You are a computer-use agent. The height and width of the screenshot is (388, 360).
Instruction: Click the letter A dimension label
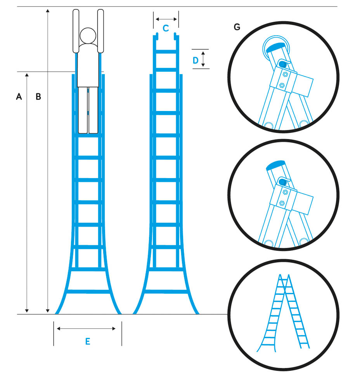[x=19, y=97]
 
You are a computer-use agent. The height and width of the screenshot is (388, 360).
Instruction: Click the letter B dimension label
[x=38, y=97]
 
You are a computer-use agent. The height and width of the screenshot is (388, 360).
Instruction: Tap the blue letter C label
[x=166, y=28]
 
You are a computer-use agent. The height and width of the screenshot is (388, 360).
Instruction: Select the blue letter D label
[x=196, y=61]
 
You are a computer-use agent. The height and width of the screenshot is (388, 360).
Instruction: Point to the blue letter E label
[x=88, y=341]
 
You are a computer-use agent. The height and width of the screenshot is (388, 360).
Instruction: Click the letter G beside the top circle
[x=237, y=27]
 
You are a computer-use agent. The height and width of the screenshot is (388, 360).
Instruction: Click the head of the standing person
[x=88, y=36]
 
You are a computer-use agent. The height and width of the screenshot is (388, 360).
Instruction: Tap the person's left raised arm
[x=76, y=31]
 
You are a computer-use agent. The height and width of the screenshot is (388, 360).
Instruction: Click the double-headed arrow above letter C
[x=166, y=19]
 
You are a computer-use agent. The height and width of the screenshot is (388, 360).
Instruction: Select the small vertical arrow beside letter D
[x=203, y=59]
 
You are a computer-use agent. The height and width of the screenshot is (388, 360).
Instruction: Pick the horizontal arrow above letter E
[x=86, y=329]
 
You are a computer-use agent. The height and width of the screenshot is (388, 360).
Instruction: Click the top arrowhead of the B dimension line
[x=48, y=10]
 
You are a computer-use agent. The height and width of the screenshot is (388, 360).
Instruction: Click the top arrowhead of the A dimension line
[x=27, y=75]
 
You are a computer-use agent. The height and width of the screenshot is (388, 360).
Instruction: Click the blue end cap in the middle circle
[x=275, y=165]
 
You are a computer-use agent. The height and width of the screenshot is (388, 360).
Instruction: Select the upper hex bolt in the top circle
[x=285, y=74]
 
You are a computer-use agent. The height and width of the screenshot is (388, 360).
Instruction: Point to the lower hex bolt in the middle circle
[x=282, y=203]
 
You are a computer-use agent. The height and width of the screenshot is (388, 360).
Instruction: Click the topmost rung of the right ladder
[x=166, y=52]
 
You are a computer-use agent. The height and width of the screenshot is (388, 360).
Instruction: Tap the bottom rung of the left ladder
[x=88, y=291]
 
